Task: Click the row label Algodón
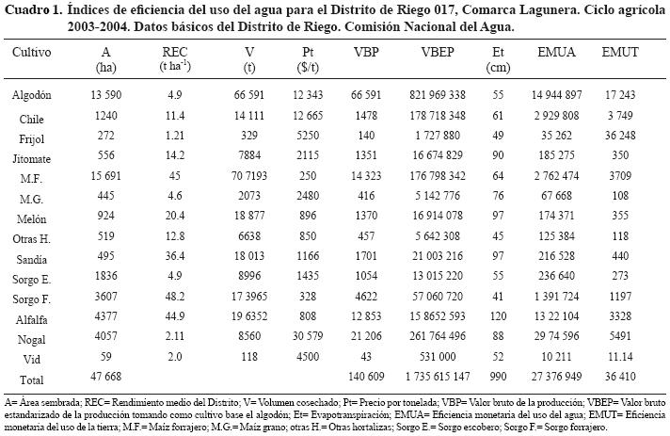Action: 32,96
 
